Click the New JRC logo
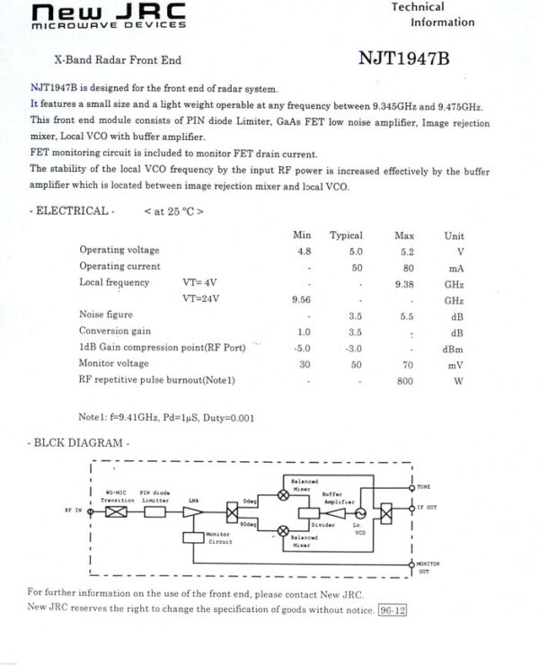click(x=108, y=14)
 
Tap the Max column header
click(x=404, y=235)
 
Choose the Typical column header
click(x=346, y=235)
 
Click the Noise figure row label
click(x=106, y=315)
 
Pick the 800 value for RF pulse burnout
click(x=405, y=380)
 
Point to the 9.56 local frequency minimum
click(x=301, y=299)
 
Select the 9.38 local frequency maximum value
click(x=403, y=282)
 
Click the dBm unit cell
click(x=454, y=348)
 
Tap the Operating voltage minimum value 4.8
click(x=304, y=251)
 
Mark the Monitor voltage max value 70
click(x=406, y=364)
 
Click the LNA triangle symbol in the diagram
click(x=192, y=511)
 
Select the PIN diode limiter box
click(x=155, y=511)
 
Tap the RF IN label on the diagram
click(x=73, y=510)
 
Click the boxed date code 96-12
click(x=393, y=610)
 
